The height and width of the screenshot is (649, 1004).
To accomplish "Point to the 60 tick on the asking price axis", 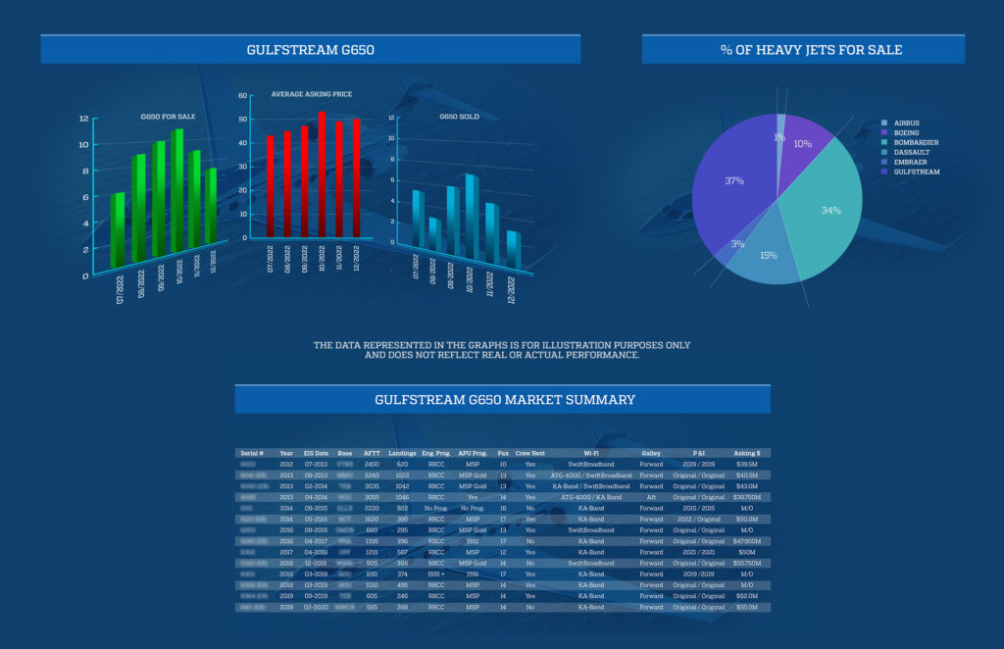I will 243,96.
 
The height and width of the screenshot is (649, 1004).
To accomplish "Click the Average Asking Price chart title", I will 312,94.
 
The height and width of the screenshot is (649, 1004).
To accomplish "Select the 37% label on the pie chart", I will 733,181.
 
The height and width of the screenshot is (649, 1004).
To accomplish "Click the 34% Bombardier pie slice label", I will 830,211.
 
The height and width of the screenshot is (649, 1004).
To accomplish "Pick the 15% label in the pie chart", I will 768,255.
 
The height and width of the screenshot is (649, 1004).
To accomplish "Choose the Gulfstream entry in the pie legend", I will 917,172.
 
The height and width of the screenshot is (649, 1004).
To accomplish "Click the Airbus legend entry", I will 907,123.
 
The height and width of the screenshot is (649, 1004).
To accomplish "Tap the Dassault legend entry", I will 913,152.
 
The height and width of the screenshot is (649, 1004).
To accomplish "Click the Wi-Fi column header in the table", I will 590,453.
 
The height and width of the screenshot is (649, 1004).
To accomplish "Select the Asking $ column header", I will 747,453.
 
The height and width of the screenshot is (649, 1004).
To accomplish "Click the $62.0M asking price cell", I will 747,596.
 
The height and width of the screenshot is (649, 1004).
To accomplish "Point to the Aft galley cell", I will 651,497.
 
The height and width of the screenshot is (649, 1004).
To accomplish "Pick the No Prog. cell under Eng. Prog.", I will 435,508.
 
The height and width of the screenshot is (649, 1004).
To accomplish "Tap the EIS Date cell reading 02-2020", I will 316,607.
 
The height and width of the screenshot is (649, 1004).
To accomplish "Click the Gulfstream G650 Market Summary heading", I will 504,399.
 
